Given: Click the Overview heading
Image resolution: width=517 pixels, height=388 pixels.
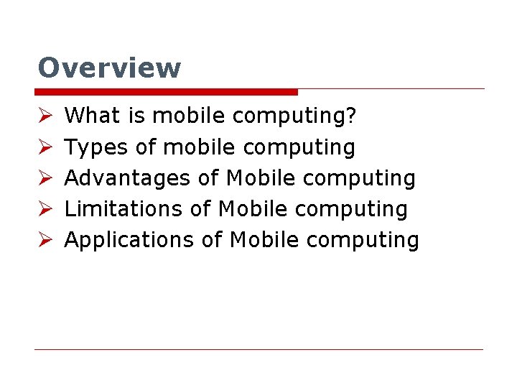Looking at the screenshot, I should (109, 68).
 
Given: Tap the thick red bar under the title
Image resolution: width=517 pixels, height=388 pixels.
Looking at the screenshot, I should (166, 92).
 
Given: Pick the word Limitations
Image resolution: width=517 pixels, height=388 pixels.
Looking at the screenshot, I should (124, 209).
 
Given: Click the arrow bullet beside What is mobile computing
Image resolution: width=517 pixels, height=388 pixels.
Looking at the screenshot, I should (43, 116).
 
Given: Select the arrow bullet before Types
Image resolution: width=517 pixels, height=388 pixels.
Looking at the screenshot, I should (43, 147).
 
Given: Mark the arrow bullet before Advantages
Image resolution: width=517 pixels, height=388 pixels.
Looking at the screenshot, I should (43, 178).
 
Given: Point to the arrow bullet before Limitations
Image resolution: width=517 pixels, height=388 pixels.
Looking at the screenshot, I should (43, 209).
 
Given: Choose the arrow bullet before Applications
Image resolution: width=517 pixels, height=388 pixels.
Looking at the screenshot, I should (43, 240).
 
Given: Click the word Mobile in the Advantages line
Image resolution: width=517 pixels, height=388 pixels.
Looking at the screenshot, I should (257, 178).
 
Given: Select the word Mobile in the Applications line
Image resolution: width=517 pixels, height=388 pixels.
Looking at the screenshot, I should (261, 240).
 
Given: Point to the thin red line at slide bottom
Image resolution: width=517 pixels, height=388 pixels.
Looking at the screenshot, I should (258, 349).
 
